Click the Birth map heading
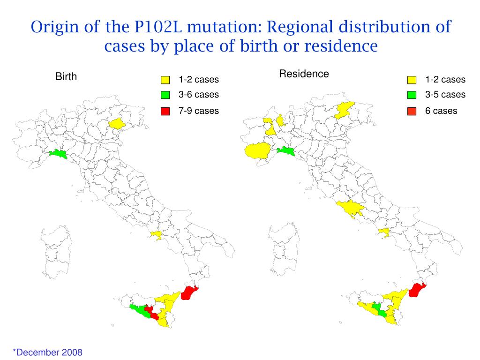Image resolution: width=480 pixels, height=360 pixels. (66, 77)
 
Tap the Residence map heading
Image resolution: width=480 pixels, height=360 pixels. (304, 74)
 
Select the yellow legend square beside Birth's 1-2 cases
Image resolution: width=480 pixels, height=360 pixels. (165, 80)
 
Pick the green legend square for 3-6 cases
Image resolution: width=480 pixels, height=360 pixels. (165, 95)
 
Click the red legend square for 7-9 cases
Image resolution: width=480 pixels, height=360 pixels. (165, 111)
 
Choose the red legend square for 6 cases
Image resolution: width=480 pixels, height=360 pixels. (412, 111)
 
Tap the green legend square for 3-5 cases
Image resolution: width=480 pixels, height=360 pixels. (412, 95)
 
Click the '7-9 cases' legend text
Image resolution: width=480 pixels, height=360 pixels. (199, 111)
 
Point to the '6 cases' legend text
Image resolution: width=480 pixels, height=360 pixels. (441, 111)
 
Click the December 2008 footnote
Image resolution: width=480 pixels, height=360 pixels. (47, 352)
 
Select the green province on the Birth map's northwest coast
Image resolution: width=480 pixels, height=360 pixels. (59, 154)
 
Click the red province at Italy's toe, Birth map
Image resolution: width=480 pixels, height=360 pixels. (189, 292)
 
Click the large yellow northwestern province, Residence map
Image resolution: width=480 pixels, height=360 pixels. (258, 151)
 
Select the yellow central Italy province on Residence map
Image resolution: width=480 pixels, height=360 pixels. (349, 207)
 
